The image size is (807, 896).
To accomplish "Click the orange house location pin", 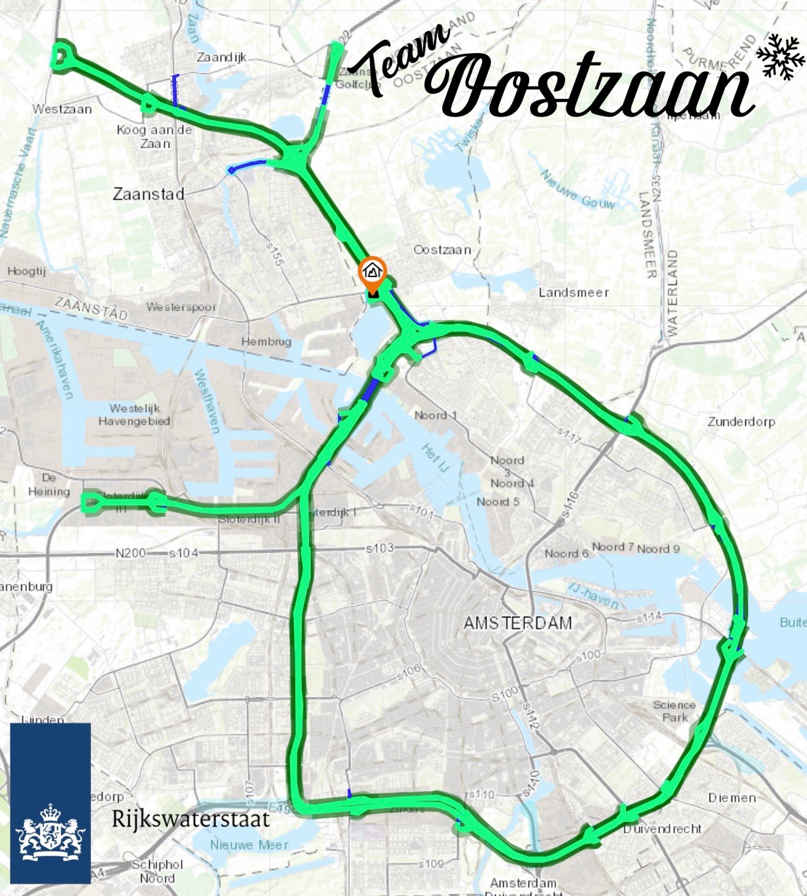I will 372,272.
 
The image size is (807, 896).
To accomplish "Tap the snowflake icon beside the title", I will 781,56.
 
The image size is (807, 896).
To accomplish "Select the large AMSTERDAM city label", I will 518,623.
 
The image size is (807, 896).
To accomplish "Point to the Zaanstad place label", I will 148,194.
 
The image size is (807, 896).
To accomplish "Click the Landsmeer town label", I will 574,292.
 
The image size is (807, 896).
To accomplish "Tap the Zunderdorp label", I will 741,422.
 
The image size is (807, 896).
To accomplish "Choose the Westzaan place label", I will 63,109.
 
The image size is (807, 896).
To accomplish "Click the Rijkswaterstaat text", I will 190,819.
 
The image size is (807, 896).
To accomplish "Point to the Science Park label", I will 674,711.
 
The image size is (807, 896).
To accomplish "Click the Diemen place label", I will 732,798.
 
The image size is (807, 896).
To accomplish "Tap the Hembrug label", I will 266,342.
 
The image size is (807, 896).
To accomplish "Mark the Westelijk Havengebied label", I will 134,415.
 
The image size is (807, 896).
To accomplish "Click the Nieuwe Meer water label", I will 249,845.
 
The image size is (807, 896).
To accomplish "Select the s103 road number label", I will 378,547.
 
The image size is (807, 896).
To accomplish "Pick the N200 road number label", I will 131,553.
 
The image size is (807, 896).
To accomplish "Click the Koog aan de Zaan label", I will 154,136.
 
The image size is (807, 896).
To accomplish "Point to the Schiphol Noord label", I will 153,871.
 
